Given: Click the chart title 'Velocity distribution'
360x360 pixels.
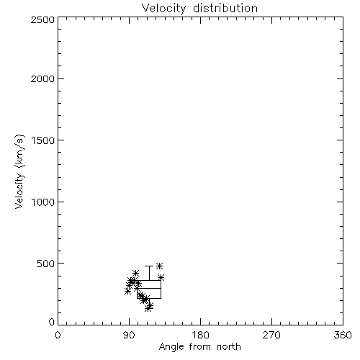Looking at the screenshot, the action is tap(199, 9).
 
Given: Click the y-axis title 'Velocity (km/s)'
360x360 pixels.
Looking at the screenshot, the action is tap(19, 171).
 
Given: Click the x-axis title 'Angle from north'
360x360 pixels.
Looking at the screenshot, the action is tap(199, 347).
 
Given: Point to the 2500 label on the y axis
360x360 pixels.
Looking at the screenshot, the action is tap(42, 19).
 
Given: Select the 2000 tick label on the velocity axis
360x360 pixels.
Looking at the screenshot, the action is tap(42, 78).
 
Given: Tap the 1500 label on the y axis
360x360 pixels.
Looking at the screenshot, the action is tap(43, 140).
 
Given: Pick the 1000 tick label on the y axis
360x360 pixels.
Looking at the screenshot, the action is tap(43, 202).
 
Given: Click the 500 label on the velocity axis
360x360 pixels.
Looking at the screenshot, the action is tap(46, 264).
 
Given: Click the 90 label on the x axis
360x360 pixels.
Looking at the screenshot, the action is tap(129, 335).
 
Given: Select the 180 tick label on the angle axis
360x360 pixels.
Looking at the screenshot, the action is tap(200, 335).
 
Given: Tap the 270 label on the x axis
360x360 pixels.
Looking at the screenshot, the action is tap(271, 335).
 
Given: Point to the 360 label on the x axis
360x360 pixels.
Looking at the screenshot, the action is tap(343, 335).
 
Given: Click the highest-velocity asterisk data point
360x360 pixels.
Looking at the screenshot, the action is tap(160, 266).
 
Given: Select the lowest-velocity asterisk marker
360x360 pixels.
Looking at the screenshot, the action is tap(148, 308).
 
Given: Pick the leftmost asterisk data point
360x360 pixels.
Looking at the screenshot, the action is tap(127, 292).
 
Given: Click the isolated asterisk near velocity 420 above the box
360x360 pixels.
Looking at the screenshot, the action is tap(136, 273).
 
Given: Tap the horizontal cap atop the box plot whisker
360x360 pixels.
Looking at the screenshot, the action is tap(149, 266).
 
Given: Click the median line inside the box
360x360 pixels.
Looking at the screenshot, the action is tap(149, 288).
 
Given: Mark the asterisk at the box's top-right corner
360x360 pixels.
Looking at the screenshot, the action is tap(161, 278).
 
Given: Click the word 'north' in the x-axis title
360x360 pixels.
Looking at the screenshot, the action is tap(229, 347).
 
